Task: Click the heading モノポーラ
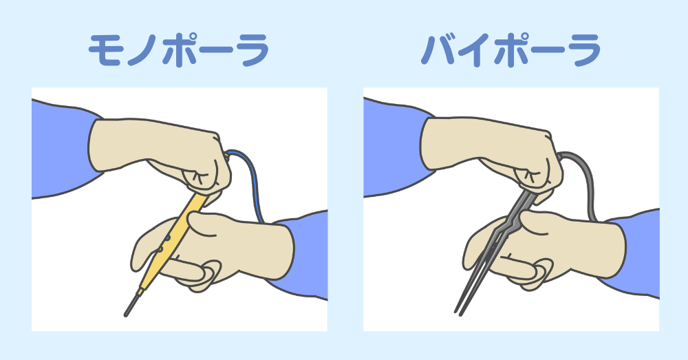click(x=178, y=50)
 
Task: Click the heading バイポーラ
click(x=510, y=50)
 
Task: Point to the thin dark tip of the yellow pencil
click(x=131, y=304)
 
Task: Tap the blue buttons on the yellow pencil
click(x=164, y=244)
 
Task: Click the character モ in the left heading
click(x=105, y=50)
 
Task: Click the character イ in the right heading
click(x=476, y=50)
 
